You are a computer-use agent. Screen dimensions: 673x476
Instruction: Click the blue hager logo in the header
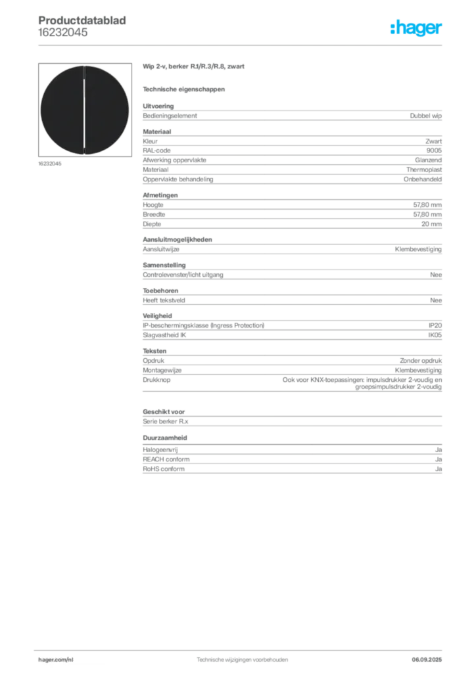[x=417, y=28]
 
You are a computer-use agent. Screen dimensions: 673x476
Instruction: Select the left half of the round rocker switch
[x=62, y=110]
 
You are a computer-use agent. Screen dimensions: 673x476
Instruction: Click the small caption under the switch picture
[x=50, y=164]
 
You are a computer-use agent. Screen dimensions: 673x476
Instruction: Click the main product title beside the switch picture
[x=195, y=68]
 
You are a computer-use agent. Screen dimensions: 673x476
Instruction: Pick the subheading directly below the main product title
[x=185, y=89]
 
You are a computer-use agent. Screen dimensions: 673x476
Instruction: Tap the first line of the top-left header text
[x=84, y=14]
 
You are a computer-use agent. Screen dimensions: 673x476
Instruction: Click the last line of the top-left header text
[x=62, y=38]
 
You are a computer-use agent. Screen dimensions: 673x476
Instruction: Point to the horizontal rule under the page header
[x=241, y=45]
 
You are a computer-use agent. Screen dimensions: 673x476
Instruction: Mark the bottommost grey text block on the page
[x=291, y=462]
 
